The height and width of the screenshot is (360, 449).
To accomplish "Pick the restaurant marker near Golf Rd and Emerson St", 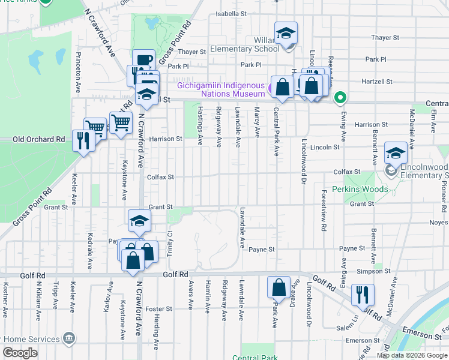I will (363, 296).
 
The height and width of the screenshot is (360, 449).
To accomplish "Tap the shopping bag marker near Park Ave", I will (279, 288).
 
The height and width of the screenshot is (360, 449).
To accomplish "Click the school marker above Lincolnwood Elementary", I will (396, 153).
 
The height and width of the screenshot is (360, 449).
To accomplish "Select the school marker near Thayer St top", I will (286, 34).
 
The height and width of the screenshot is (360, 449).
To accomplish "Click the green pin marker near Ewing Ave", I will (340, 97).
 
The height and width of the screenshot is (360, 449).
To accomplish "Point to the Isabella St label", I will (231, 13).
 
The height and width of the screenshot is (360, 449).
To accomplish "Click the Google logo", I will (20, 353).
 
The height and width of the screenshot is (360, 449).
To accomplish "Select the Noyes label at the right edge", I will (440, 223).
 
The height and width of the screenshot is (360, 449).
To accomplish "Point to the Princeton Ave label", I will (78, 70).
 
